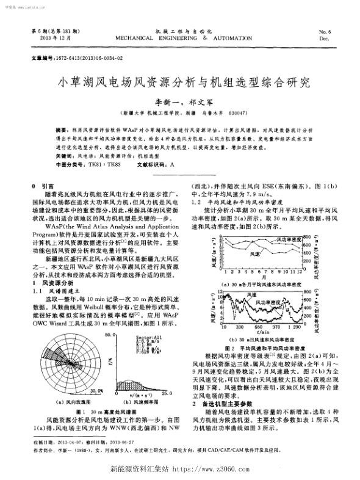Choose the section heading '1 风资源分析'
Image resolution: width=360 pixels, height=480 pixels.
coord(52,283)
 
